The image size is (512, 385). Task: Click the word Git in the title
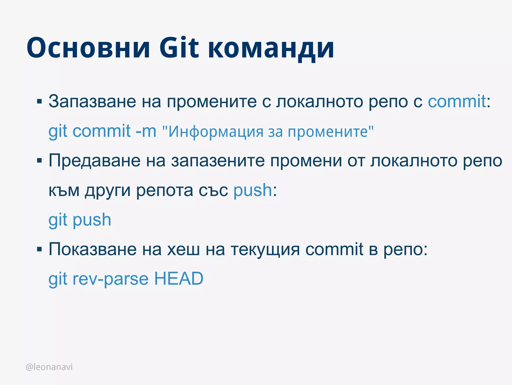click(x=179, y=48)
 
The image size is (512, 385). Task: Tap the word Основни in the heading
click(x=88, y=48)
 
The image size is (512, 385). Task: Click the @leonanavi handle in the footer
click(x=49, y=367)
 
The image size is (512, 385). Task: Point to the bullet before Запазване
click(x=39, y=101)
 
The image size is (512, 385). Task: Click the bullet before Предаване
click(x=39, y=161)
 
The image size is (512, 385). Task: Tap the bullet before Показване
click(x=39, y=249)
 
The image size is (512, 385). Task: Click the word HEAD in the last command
click(x=179, y=279)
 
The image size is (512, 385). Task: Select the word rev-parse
click(x=110, y=279)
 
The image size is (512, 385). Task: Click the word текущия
click(x=265, y=250)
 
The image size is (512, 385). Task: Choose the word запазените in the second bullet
click(x=218, y=161)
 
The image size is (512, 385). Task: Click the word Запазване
click(x=92, y=101)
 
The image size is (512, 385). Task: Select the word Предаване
click(x=94, y=161)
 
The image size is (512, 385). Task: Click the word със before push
click(x=213, y=190)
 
